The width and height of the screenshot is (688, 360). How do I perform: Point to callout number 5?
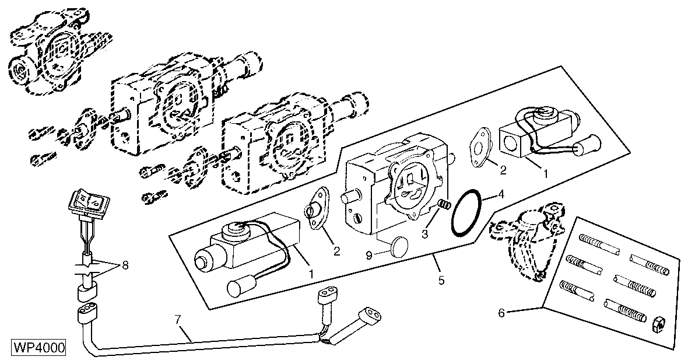pos(441,281)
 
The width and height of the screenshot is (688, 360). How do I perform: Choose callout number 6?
pos(501,312)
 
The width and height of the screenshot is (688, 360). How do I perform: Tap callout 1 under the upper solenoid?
pos(546,173)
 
